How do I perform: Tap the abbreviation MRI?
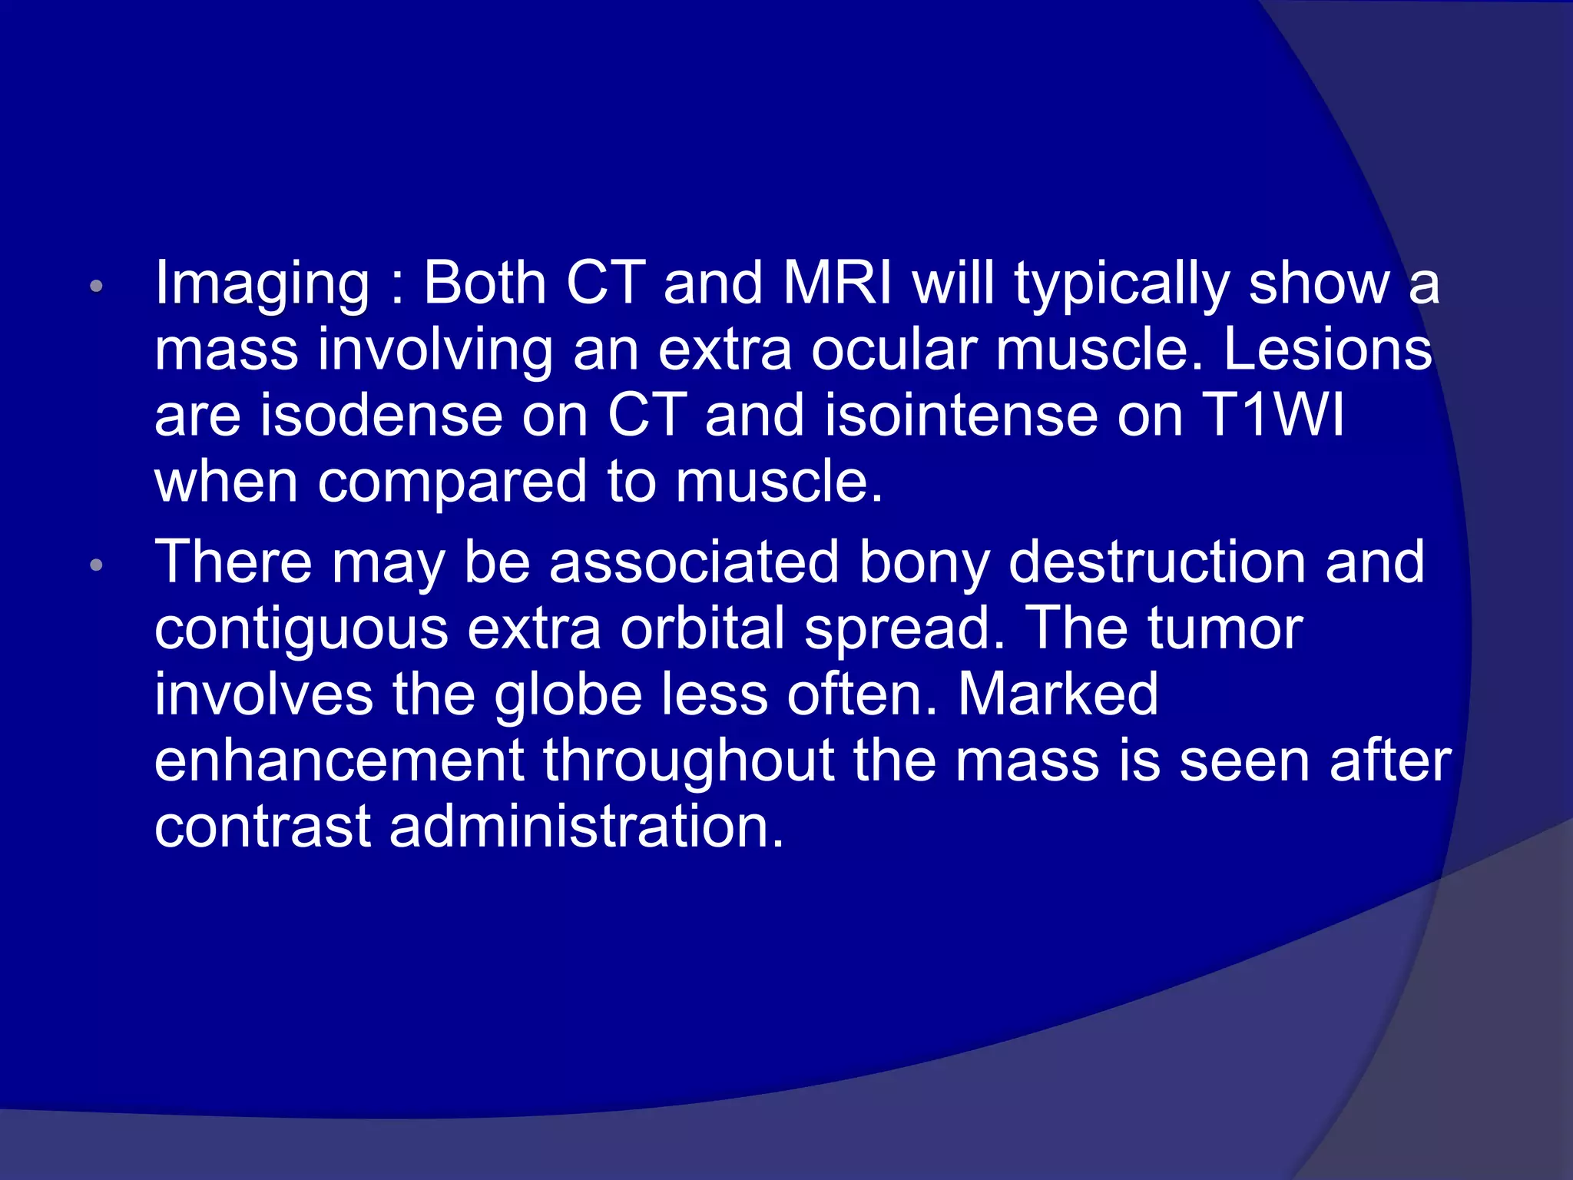coord(837,282)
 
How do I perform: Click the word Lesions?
coord(1326,350)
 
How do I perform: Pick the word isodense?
coord(381,416)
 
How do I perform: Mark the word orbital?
coord(703,628)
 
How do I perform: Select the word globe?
coord(568,694)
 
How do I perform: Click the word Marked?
coord(1058,694)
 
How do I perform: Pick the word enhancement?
coord(339,761)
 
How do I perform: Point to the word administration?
coord(587,827)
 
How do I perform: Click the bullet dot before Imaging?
coord(96,287)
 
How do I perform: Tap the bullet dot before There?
coord(96,565)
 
